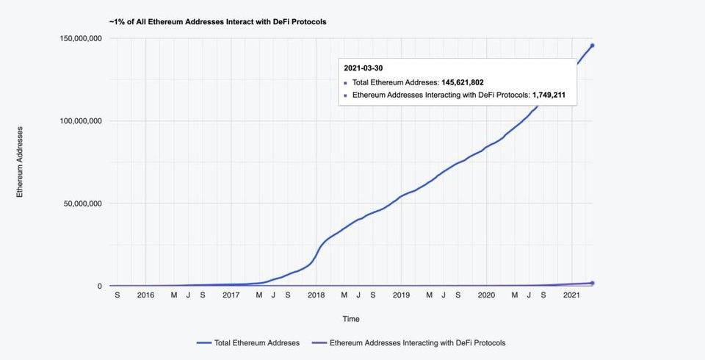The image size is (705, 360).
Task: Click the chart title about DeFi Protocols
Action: pyautogui.click(x=217, y=22)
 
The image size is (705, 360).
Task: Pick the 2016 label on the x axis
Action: pyautogui.click(x=145, y=295)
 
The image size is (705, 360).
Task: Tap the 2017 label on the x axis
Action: pyautogui.click(x=231, y=295)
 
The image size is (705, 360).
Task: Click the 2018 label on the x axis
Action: pyautogui.click(x=317, y=295)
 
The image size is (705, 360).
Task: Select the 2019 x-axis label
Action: pyautogui.click(x=401, y=295)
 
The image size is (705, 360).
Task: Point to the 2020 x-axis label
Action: pyautogui.click(x=486, y=295)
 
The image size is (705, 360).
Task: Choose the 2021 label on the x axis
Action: pyautogui.click(x=572, y=295)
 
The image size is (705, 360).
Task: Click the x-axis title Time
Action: pyautogui.click(x=351, y=319)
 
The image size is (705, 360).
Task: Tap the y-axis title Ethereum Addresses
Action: pyautogui.click(x=21, y=162)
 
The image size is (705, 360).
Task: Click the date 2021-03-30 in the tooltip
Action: pyautogui.click(x=363, y=68)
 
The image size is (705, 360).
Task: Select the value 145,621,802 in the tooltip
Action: pyautogui.click(x=462, y=82)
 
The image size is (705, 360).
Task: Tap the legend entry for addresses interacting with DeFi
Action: pyautogui.click(x=417, y=342)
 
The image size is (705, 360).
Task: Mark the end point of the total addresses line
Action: pyautogui.click(x=592, y=46)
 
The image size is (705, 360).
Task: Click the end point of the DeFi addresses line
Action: pyautogui.click(x=592, y=283)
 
